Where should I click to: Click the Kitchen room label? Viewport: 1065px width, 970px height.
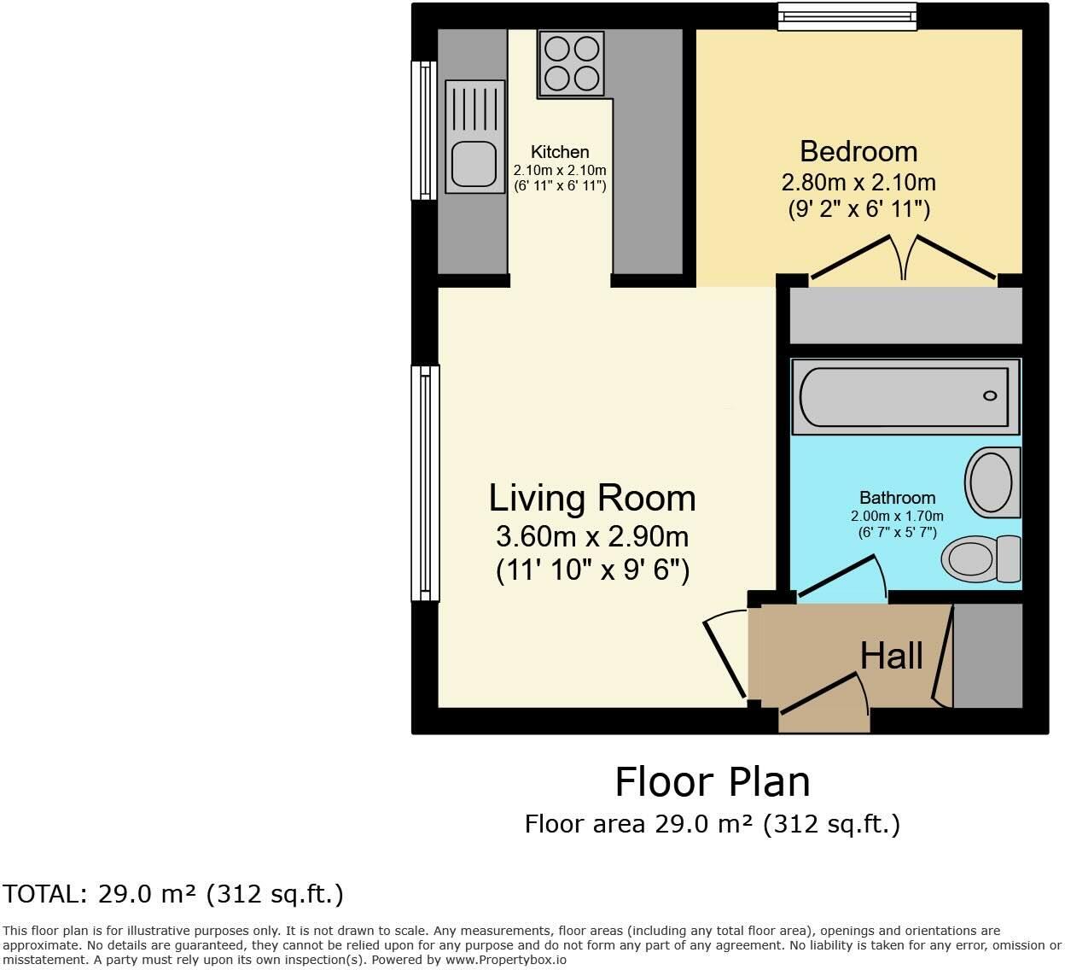560,152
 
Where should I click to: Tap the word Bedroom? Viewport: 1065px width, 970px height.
858,151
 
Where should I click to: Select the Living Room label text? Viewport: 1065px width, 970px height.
592,499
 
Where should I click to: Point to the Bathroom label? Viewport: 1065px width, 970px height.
897,498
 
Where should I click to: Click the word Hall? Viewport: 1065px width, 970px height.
892,656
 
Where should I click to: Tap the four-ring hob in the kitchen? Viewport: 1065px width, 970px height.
572,63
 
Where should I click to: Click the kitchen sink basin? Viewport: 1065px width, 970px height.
474,164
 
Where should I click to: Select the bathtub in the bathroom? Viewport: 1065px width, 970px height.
905,397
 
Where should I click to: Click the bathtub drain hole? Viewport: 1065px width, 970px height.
990,395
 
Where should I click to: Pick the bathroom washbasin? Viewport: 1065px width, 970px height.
992,482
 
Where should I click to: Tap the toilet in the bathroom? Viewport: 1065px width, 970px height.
981,558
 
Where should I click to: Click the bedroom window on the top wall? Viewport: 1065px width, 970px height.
847,16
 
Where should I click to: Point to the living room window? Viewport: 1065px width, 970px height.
425,483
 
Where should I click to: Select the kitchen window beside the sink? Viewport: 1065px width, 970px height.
424,131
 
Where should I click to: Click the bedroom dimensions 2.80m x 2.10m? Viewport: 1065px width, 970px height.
858,183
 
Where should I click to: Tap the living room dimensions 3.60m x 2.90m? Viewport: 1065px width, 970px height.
592,536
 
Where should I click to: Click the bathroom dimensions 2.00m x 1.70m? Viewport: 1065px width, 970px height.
897,516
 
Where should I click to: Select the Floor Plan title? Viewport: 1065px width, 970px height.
713,782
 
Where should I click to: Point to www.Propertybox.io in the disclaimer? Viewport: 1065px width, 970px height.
506,961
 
